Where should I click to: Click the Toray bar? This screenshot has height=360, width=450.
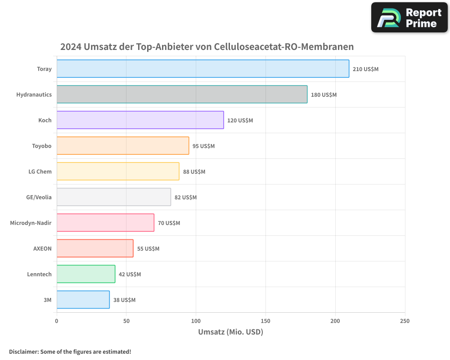click(202, 69)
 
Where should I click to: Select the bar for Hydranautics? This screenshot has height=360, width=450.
click(182, 94)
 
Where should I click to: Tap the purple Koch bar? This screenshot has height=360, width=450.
click(140, 120)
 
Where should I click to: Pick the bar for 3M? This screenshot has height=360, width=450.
click(83, 300)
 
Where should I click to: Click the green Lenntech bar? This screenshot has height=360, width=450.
click(85, 274)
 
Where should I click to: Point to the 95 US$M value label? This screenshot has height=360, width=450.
click(203, 146)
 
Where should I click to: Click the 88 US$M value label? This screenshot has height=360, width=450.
click(194, 172)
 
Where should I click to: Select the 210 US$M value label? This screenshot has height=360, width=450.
click(365, 69)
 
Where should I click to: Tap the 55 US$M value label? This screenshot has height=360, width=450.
click(148, 249)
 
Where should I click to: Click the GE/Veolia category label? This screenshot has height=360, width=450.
click(39, 197)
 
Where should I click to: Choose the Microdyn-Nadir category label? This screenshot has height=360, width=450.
click(31, 223)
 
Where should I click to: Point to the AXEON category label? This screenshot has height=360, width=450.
click(42, 248)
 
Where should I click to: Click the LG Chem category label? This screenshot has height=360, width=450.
click(40, 171)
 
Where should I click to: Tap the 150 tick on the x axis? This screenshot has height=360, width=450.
click(265, 321)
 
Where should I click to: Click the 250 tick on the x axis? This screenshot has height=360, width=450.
click(405, 321)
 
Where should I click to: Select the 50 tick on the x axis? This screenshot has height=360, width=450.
click(126, 321)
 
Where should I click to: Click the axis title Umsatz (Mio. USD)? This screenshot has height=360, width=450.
click(230, 332)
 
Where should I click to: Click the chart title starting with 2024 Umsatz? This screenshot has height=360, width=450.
click(207, 47)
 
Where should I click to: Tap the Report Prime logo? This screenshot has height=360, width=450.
click(409, 18)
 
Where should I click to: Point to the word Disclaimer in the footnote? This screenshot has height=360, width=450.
click(23, 352)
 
